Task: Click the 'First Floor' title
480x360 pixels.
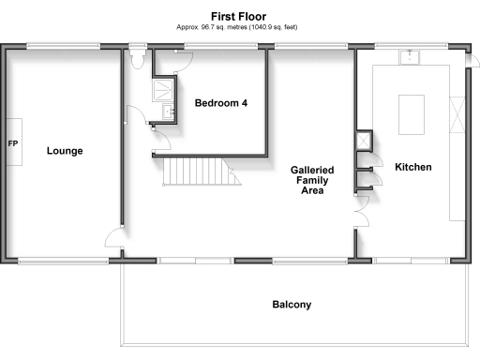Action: click(x=239, y=16)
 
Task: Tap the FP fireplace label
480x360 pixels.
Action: click(x=13, y=144)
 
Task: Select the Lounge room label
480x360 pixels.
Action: click(x=65, y=150)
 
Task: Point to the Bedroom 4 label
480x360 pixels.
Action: click(x=221, y=103)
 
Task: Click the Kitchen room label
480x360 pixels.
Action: click(x=412, y=167)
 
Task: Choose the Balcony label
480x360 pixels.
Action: click(x=292, y=305)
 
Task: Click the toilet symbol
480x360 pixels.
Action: click(x=139, y=60)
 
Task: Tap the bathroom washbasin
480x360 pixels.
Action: click(x=169, y=113)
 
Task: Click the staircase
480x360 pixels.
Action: click(x=196, y=172)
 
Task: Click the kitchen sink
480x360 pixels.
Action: click(x=409, y=57)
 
